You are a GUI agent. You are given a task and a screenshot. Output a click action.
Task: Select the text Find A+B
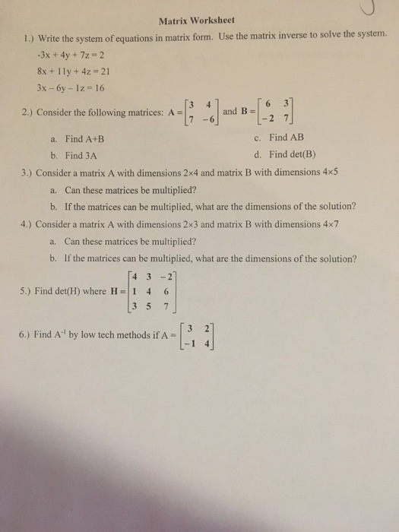coord(84,139)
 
